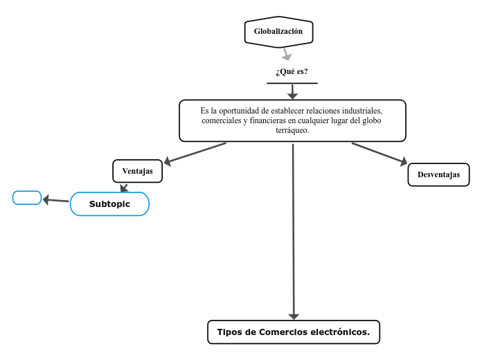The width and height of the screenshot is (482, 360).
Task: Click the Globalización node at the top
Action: tap(278, 32)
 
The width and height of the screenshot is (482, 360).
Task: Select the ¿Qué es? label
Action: tap(292, 72)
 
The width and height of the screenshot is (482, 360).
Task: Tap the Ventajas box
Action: tap(137, 171)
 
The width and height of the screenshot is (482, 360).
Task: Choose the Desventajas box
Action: tap(438, 174)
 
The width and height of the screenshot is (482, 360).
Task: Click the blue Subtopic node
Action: tap(109, 204)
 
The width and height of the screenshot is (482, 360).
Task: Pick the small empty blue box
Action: tap(27, 198)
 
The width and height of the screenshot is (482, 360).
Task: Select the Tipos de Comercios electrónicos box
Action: tap(294, 332)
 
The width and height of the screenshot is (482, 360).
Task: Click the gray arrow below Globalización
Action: tap(285, 54)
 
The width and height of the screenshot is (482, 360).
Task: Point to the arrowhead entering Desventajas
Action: tap(402, 162)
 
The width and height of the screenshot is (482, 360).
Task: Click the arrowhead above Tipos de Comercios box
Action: tap(294, 314)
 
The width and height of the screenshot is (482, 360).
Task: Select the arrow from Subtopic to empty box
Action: tap(55, 201)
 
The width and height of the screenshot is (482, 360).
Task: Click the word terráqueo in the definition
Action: tap(292, 130)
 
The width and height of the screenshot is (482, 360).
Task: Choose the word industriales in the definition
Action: tap(355, 111)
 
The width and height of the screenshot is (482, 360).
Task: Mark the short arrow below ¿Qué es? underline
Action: tap(292, 91)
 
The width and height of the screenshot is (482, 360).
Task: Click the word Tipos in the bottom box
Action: tap(229, 332)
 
